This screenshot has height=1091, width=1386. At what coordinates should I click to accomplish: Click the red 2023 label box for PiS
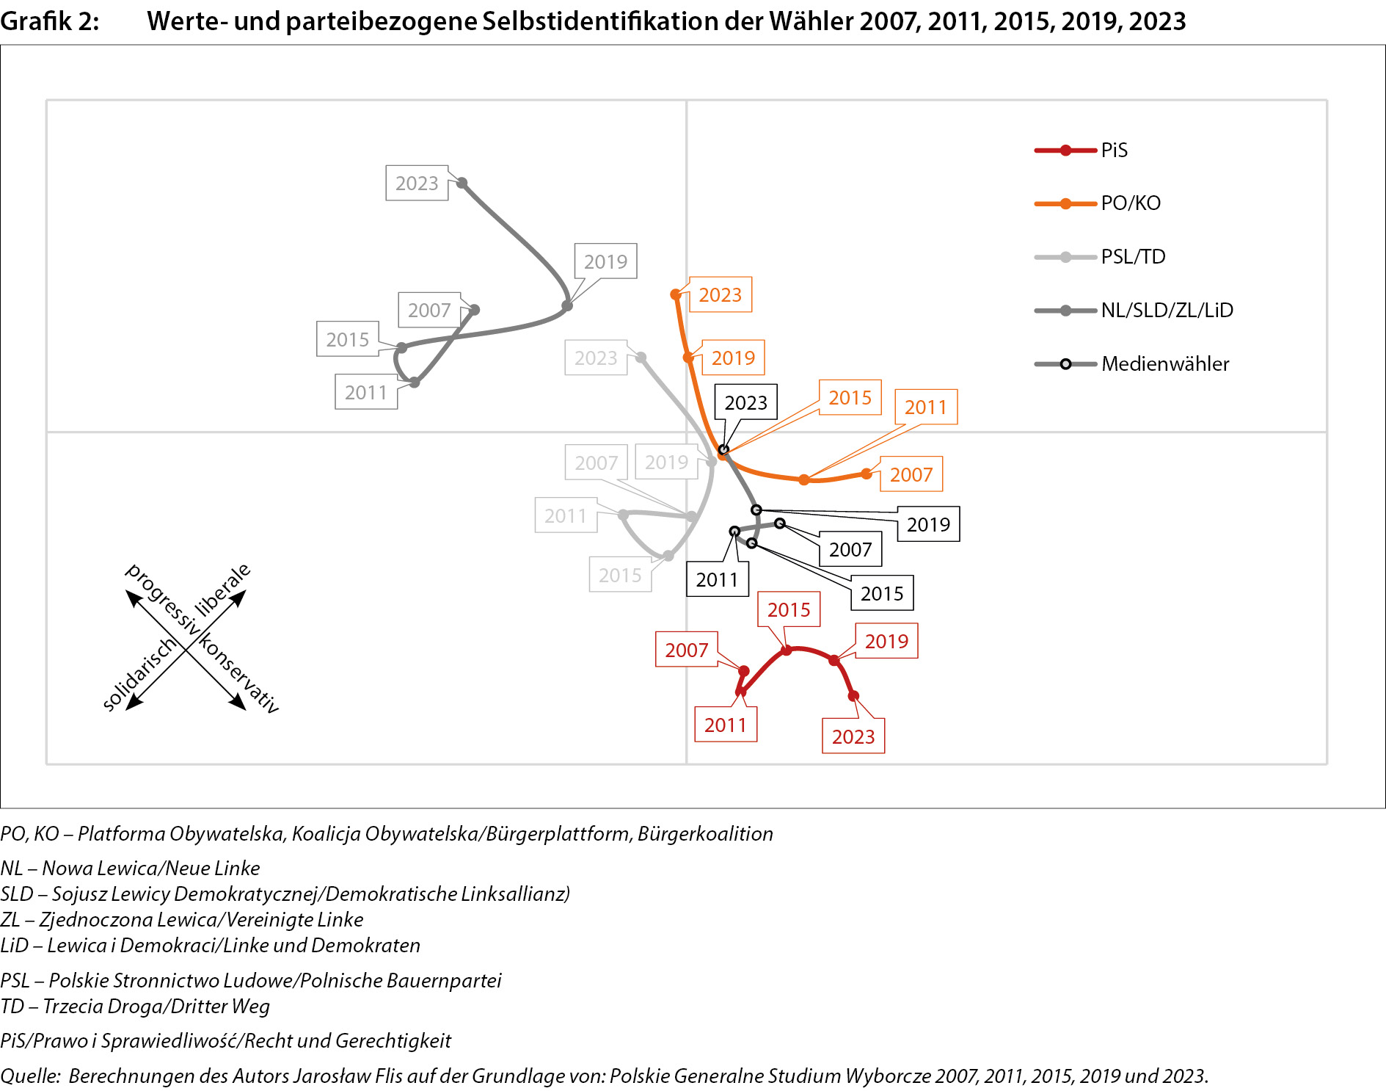point(853,736)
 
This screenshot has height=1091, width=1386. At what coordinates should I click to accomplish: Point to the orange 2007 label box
point(911,475)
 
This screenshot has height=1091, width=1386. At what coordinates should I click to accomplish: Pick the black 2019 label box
point(928,524)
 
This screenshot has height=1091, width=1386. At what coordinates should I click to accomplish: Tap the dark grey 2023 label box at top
point(417,184)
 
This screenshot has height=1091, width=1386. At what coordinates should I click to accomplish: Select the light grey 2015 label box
point(620,575)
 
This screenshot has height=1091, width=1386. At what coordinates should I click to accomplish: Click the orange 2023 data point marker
point(676,294)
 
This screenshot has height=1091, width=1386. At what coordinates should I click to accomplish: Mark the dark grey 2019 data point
point(567,305)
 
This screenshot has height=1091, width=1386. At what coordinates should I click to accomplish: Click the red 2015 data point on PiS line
point(786,650)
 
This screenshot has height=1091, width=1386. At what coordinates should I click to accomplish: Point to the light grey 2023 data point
point(641,358)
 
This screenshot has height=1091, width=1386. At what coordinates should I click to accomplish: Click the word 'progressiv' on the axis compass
point(162,599)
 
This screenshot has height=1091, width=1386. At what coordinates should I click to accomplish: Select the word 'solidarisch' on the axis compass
point(139,673)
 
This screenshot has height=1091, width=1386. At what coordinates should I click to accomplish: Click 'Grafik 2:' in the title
point(49,21)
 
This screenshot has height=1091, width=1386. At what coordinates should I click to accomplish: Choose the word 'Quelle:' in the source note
point(30,1076)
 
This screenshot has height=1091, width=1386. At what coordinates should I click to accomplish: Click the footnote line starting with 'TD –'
point(135,1006)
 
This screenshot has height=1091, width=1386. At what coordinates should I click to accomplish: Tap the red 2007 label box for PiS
point(686,650)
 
